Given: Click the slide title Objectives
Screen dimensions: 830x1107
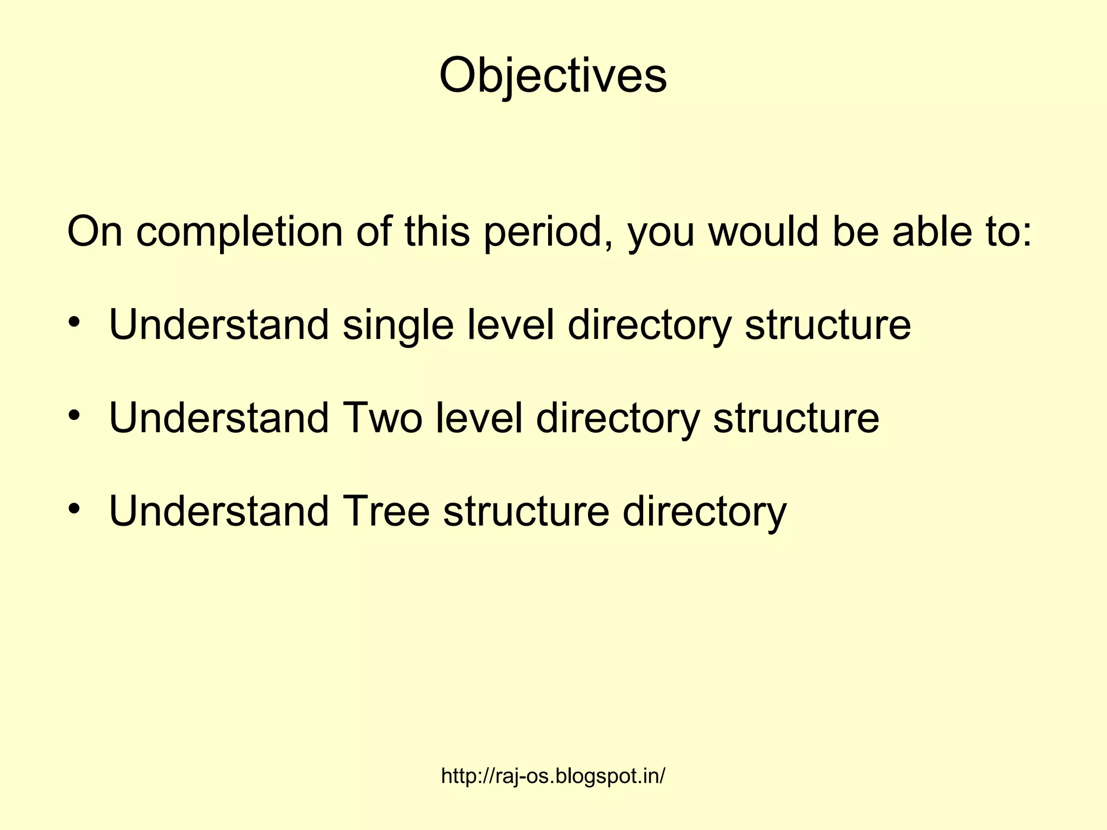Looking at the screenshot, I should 553,76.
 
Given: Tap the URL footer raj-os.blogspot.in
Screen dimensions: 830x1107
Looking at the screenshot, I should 553,776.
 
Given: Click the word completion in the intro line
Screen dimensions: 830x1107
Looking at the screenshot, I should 239,232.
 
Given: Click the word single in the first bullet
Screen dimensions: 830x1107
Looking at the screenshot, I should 398,325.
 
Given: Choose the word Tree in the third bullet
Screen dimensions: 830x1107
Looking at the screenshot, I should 386,511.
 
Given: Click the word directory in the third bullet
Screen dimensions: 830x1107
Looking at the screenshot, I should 704,511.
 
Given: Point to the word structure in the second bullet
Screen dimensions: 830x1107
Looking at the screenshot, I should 796,418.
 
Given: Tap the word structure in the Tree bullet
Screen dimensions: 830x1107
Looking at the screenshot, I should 526,511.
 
